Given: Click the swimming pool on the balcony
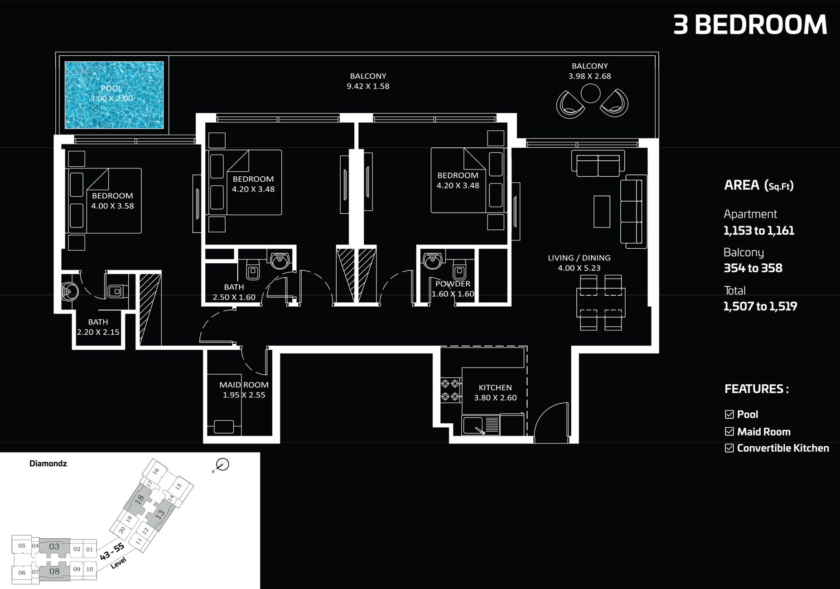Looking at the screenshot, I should click(114, 95).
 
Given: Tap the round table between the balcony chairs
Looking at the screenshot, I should click(590, 94).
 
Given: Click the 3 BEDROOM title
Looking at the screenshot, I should click(750, 24).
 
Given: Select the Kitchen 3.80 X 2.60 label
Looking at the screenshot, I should click(495, 392).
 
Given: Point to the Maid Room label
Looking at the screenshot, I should click(244, 389).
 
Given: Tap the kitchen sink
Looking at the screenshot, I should click(473, 425).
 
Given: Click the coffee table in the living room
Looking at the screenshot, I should click(602, 211).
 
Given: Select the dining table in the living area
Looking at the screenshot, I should click(601, 302).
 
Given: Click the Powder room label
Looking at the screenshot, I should click(453, 289).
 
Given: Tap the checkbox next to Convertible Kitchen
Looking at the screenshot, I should click(729, 448).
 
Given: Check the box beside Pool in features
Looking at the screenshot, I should click(729, 414).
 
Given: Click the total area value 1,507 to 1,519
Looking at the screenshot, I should click(760, 306).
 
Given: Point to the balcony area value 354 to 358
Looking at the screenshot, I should click(753, 268).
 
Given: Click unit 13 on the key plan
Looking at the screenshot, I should click(159, 515).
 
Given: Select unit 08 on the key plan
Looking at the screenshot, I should click(54, 571).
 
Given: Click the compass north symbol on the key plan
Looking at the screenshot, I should click(222, 464).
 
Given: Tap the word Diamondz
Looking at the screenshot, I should click(48, 463).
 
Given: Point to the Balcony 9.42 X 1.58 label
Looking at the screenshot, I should click(368, 81).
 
